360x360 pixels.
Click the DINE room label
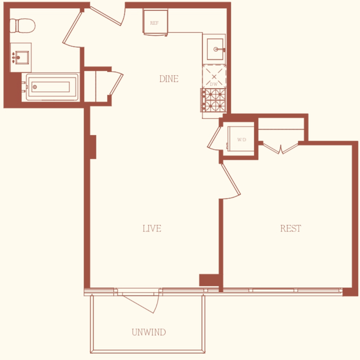[x=169, y=79]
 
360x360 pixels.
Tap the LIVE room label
[x=152, y=228]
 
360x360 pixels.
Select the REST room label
[x=290, y=228]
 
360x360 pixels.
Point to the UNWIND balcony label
[x=149, y=332]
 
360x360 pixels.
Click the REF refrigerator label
[x=154, y=23]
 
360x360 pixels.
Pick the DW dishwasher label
[x=213, y=84]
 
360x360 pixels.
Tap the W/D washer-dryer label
[x=242, y=140]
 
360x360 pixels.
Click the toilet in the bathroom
[x=22, y=26]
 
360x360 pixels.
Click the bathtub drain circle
[x=35, y=87]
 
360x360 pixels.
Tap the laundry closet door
[x=214, y=137]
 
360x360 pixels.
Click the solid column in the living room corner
[x=209, y=280]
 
